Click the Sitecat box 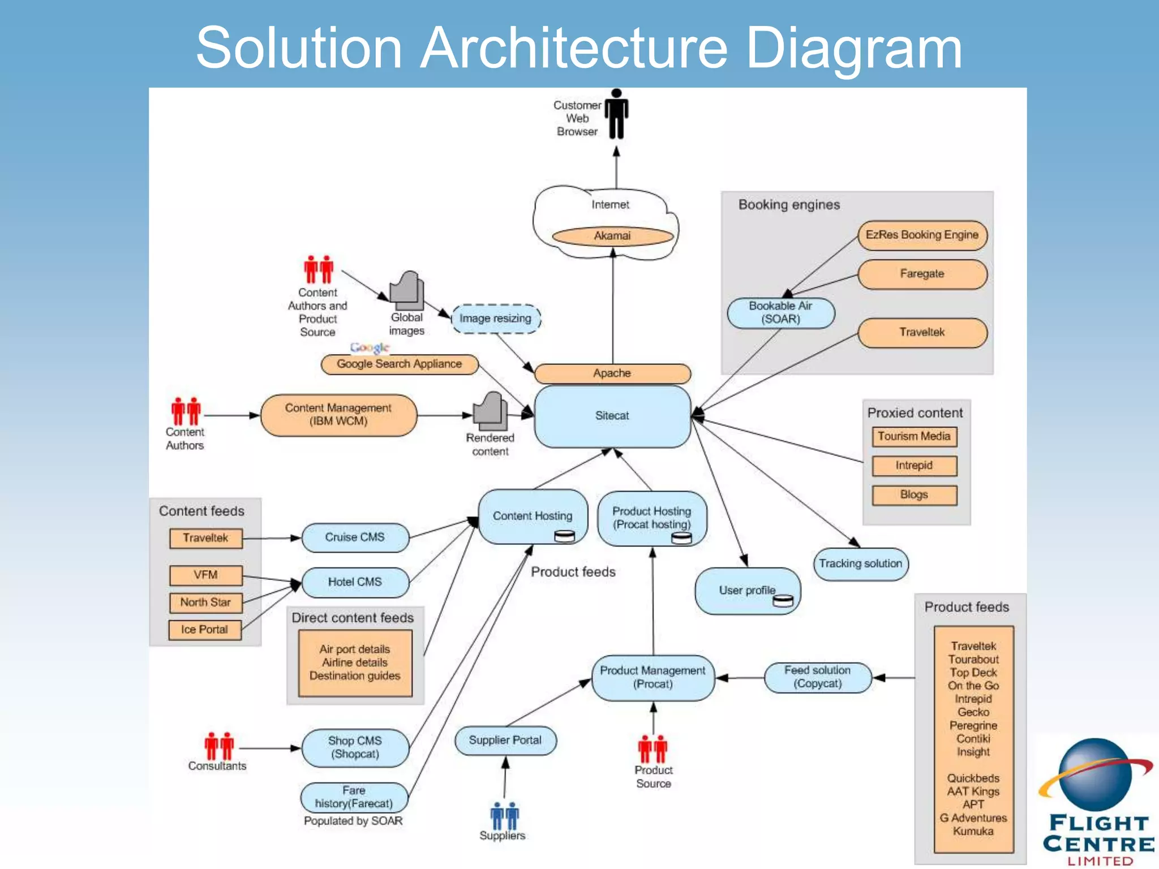[x=612, y=416]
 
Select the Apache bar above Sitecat [x=612, y=373]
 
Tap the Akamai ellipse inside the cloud [x=612, y=236]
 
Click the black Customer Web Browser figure [x=616, y=115]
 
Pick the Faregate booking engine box [x=922, y=274]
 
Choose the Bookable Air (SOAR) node [x=780, y=313]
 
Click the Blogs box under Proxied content [x=914, y=495]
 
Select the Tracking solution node [x=860, y=564]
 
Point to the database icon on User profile [x=783, y=601]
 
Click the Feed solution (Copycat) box [x=817, y=677]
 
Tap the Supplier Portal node [x=505, y=741]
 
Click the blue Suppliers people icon [x=504, y=816]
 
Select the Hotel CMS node [x=355, y=582]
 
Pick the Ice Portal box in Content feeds [x=205, y=630]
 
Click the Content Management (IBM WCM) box [x=338, y=415]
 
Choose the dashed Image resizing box [x=496, y=319]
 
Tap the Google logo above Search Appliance [x=370, y=347]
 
